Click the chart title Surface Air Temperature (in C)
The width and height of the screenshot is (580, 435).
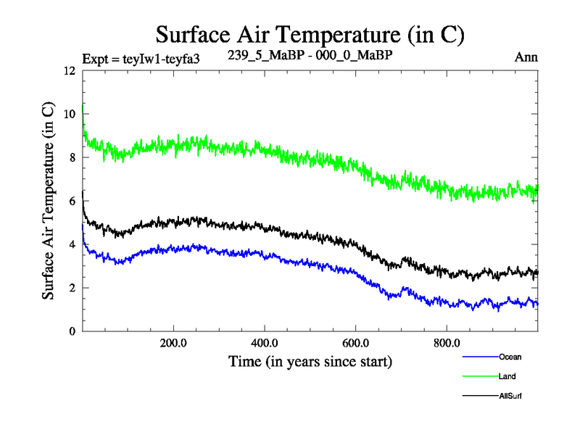[x=310, y=34]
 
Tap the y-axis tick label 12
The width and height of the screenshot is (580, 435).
[x=69, y=71]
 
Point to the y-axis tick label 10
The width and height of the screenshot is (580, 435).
[x=69, y=114]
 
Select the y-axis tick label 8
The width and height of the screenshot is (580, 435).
[x=72, y=157]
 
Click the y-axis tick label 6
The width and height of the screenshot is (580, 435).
[x=72, y=201]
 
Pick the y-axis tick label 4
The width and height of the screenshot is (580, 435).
[x=72, y=244]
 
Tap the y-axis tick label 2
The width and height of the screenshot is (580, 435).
[x=72, y=288]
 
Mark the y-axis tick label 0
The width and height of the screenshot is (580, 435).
[x=72, y=331]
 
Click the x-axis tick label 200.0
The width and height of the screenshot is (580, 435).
[x=173, y=343]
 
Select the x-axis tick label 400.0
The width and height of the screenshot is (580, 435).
[x=265, y=343]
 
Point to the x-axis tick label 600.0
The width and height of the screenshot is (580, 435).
[x=355, y=343]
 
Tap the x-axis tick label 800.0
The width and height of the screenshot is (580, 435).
[x=447, y=343]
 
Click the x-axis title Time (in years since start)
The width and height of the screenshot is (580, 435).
[x=310, y=360]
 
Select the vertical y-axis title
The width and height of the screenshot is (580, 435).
[x=48, y=202]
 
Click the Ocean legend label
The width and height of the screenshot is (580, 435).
[x=510, y=357]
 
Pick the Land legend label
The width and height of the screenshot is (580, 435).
[x=507, y=377]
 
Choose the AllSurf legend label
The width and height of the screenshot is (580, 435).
[x=510, y=397]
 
